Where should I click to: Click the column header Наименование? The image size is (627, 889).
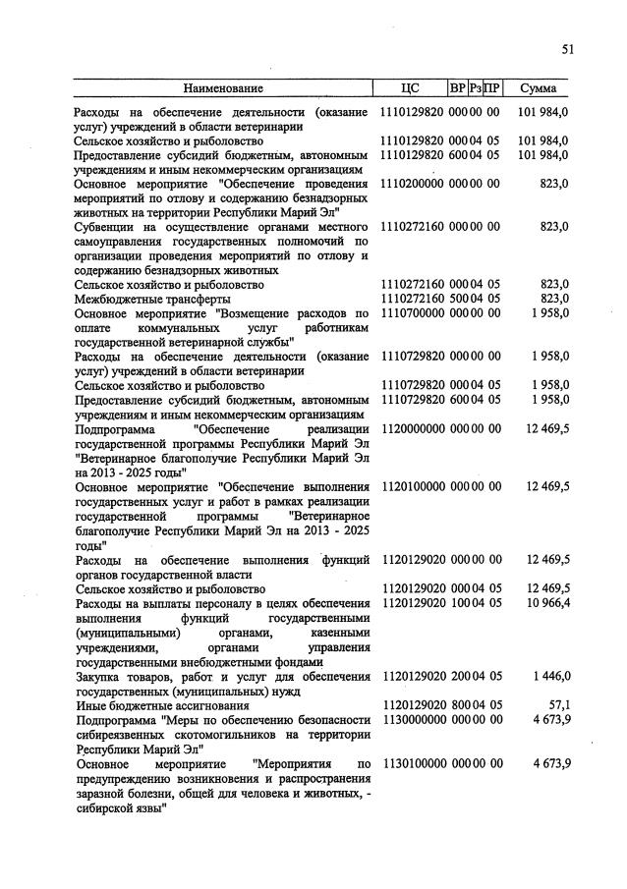(224, 87)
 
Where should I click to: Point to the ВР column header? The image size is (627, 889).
(457, 87)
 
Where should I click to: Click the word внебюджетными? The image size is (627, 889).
(225, 661)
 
